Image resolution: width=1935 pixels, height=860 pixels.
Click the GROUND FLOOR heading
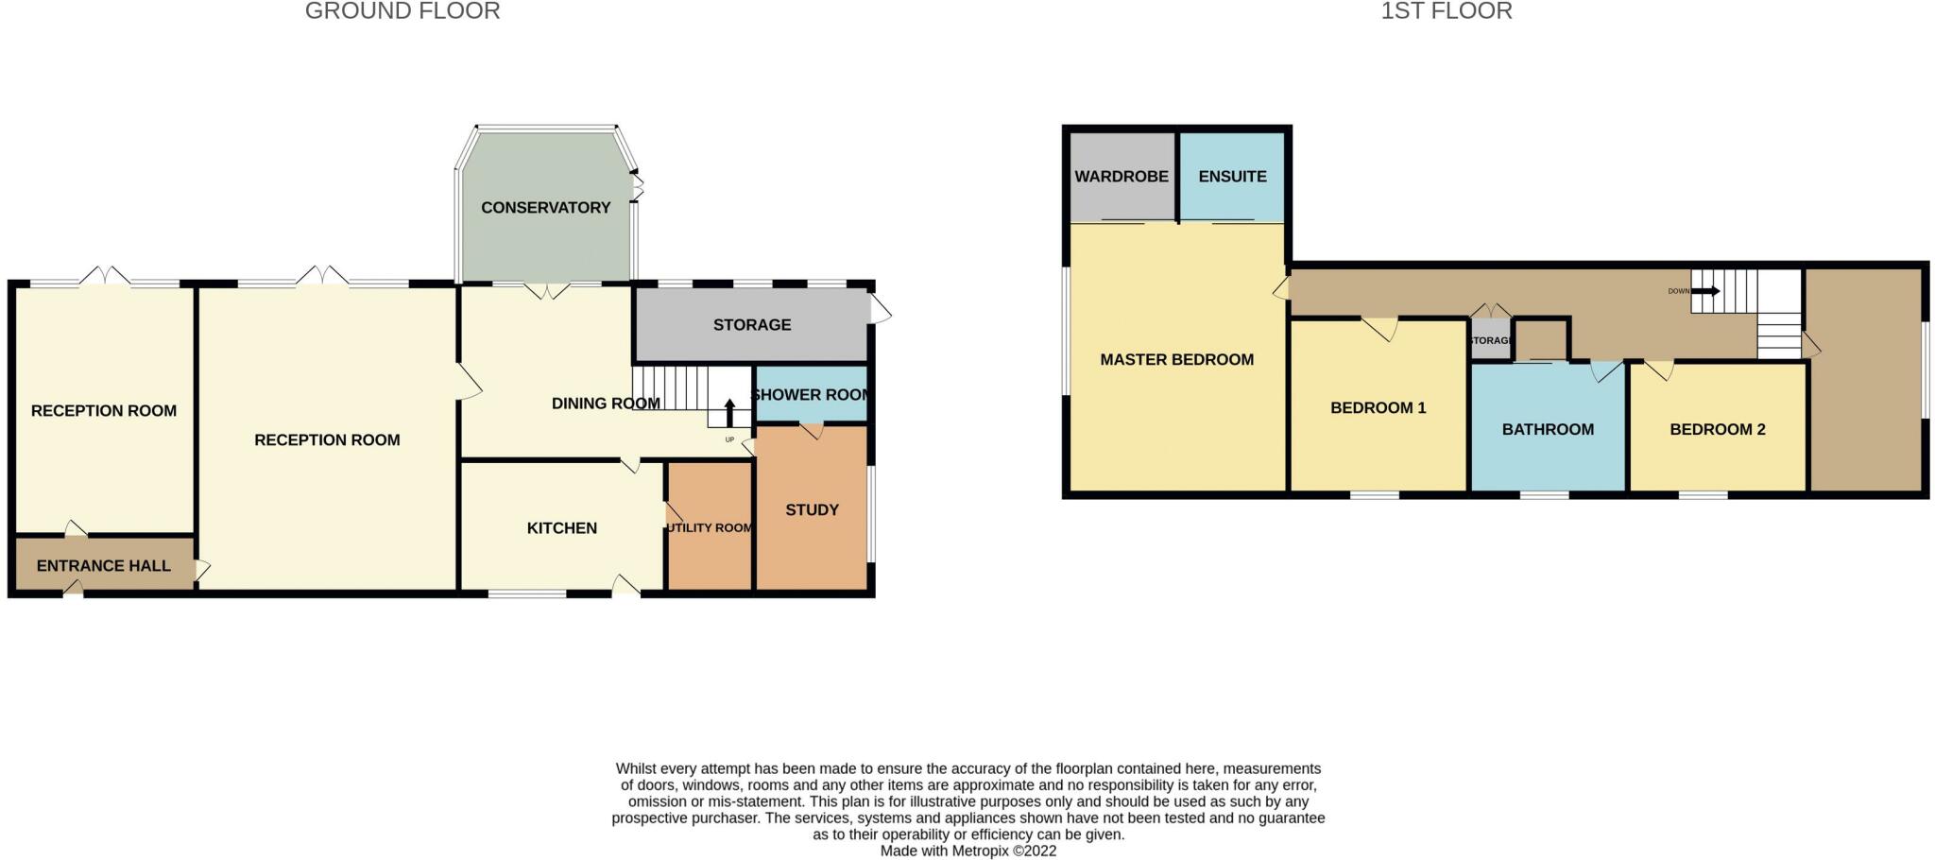tap(402, 11)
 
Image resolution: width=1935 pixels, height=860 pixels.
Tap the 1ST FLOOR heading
tap(1446, 11)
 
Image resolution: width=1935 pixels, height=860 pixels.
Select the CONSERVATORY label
tap(545, 208)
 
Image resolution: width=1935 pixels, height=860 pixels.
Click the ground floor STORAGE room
tap(751, 325)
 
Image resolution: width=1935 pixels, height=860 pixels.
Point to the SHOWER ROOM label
tap(811, 395)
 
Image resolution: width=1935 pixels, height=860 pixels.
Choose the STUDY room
tap(812, 510)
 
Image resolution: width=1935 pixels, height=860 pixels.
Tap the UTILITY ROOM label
tap(710, 528)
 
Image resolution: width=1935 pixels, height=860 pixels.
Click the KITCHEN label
tap(561, 528)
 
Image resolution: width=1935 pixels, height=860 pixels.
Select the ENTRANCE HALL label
tap(104, 566)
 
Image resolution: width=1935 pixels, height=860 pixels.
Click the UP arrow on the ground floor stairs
tap(729, 413)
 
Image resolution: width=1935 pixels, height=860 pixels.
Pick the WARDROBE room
tap(1122, 177)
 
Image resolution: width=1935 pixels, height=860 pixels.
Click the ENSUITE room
tap(1232, 177)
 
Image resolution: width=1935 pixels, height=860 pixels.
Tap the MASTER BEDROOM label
tap(1176, 360)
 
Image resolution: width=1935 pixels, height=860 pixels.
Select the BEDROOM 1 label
tap(1378, 408)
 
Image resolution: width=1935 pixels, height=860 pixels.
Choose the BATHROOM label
tap(1548, 430)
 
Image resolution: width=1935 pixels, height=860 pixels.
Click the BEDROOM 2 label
tap(1717, 430)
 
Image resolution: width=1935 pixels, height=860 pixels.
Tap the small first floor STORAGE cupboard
tap(1490, 340)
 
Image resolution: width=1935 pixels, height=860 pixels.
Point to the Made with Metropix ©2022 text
tap(967, 851)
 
